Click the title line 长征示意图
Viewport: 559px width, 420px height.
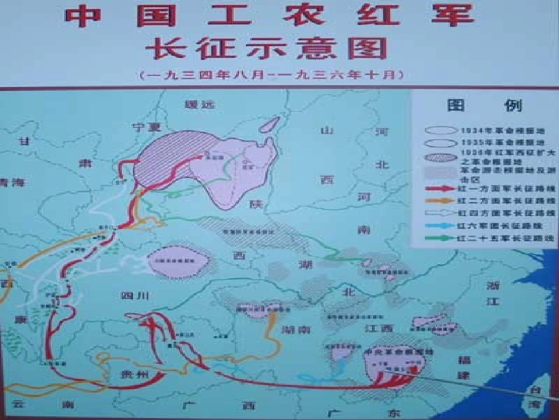[268, 49]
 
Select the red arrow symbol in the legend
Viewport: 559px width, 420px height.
[439, 189]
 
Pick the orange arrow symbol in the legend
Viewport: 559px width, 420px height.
[439, 201]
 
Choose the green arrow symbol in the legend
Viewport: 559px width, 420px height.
[439, 239]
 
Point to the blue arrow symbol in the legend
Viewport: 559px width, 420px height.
[439, 226]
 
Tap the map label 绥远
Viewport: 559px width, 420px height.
[200, 105]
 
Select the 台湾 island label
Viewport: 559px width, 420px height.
[536, 398]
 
